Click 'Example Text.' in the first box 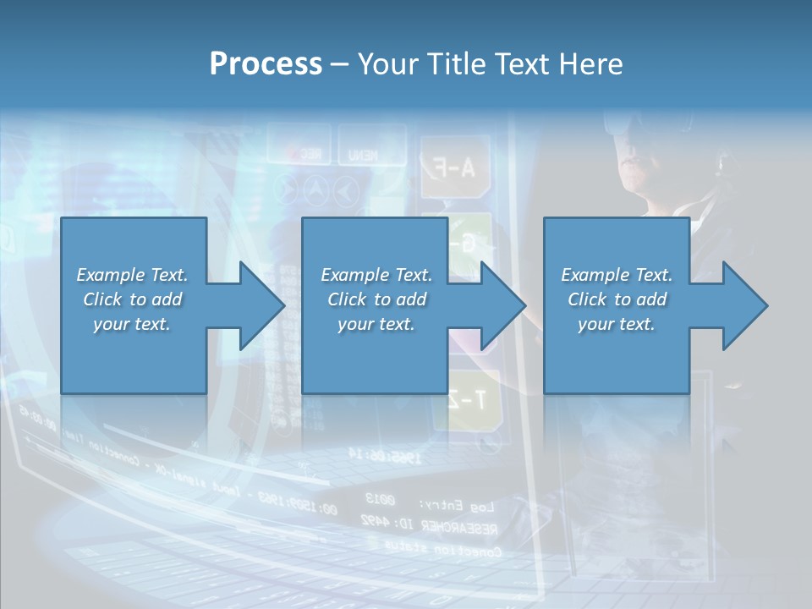132,275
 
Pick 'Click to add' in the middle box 376,299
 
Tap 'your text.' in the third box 616,324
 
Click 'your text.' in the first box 132,324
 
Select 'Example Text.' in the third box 616,275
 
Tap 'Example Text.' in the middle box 376,275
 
